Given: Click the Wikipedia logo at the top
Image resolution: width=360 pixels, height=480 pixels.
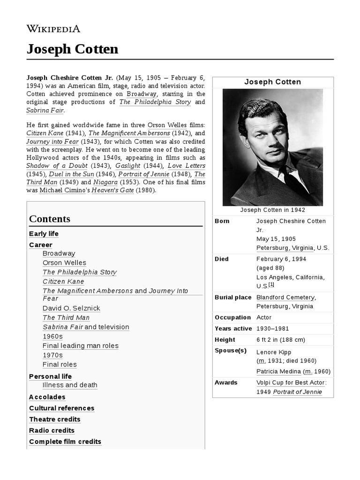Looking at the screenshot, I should pos(53,29).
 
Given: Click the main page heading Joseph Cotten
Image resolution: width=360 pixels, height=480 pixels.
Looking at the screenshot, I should pos(72,49).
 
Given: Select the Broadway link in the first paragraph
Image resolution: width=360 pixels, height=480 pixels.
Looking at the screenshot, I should pos(142,93).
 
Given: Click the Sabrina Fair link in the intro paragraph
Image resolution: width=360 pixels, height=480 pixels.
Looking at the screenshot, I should pos(45,110).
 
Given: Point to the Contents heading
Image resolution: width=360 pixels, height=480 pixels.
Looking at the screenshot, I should pos(50,219).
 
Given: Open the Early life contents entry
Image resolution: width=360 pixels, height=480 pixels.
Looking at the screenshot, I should pos(44,233).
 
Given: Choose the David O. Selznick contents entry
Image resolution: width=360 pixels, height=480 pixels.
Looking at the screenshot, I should pos(71,308).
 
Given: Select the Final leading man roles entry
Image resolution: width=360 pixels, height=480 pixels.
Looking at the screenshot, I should pos(80,345).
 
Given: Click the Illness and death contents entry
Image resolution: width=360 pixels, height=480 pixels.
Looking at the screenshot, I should pos(70,385).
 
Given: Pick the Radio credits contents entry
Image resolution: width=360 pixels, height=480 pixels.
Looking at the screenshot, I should pos(52,430).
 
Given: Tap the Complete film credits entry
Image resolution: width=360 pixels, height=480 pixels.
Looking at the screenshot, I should pos(65,442).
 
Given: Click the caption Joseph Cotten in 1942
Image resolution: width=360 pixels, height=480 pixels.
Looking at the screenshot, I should pos(272,210).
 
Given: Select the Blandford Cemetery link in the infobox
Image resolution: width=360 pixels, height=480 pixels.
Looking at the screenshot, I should pos(285,297).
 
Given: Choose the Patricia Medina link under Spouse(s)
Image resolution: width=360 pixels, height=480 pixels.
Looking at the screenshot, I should pos(278,371).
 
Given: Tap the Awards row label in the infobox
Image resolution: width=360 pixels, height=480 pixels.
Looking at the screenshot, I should pos(226,382).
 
